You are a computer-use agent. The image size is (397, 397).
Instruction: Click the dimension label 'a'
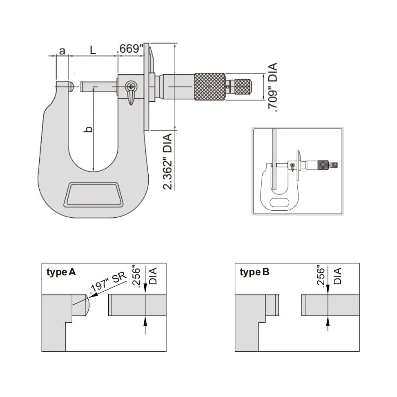[62, 51]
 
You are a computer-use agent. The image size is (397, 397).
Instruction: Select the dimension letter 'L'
[93, 50]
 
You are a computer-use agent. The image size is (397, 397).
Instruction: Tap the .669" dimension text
[130, 49]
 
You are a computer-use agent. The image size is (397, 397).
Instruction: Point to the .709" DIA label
[272, 87]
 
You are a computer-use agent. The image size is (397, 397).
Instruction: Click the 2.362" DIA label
[167, 162]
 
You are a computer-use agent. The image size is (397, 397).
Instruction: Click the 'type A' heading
[61, 272]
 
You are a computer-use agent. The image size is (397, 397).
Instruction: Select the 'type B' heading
[254, 272]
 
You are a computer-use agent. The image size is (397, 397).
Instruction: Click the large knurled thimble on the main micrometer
[210, 87]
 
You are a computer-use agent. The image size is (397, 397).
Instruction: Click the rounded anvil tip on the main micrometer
[71, 86]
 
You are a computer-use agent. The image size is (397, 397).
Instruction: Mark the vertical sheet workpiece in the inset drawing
[274, 159]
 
